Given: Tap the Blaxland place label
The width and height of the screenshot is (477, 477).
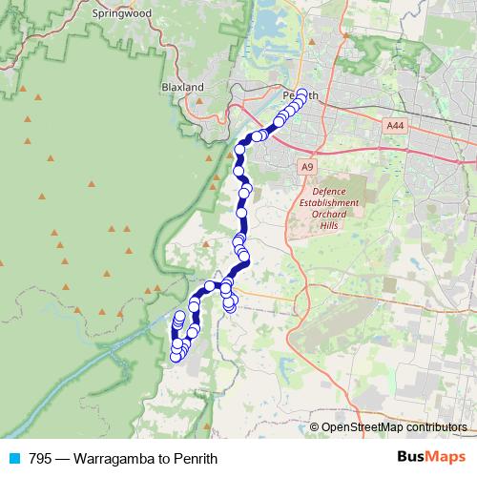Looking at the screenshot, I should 182,87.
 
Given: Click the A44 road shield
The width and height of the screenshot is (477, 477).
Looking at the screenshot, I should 396,125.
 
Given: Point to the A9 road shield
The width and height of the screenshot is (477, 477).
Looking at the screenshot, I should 306,167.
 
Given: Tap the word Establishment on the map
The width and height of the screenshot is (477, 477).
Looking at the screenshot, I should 328,203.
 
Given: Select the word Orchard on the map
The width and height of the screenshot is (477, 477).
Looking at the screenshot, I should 328,215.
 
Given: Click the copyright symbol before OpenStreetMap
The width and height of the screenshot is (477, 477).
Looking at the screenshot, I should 315,428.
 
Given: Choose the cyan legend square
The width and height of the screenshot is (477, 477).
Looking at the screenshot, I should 13,458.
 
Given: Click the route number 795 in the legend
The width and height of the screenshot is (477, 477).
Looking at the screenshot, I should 40,458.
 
